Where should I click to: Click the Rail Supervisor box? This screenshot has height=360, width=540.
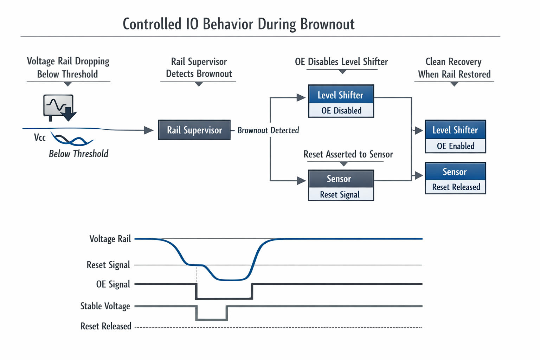pos(194,130)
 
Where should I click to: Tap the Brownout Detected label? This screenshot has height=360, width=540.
pos(268,130)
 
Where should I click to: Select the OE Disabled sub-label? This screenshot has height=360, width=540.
pos(341,110)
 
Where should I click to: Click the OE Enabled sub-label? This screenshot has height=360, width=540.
pos(455,146)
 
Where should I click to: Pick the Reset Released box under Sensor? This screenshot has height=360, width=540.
pos(456,187)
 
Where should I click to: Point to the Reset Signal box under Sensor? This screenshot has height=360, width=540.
pos(340,194)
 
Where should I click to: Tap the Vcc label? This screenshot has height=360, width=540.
pos(40,137)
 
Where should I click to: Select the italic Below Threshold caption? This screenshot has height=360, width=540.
pos(78,154)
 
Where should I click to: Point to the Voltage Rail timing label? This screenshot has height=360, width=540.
pos(110,239)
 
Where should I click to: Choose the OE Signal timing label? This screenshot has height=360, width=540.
pos(113,284)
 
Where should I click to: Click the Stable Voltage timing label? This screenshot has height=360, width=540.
pos(105,306)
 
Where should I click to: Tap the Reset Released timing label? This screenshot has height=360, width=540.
pos(106,326)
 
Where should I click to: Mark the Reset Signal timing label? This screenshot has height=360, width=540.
pos(108,265)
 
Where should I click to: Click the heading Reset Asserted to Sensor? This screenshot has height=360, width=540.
pos(348,154)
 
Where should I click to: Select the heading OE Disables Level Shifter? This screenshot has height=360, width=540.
pos(341,62)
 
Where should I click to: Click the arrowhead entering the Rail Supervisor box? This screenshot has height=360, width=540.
pos(149,130)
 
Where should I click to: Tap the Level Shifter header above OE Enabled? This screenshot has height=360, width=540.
pos(455,130)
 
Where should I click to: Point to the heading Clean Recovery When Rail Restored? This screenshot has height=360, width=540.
pos(454,68)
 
